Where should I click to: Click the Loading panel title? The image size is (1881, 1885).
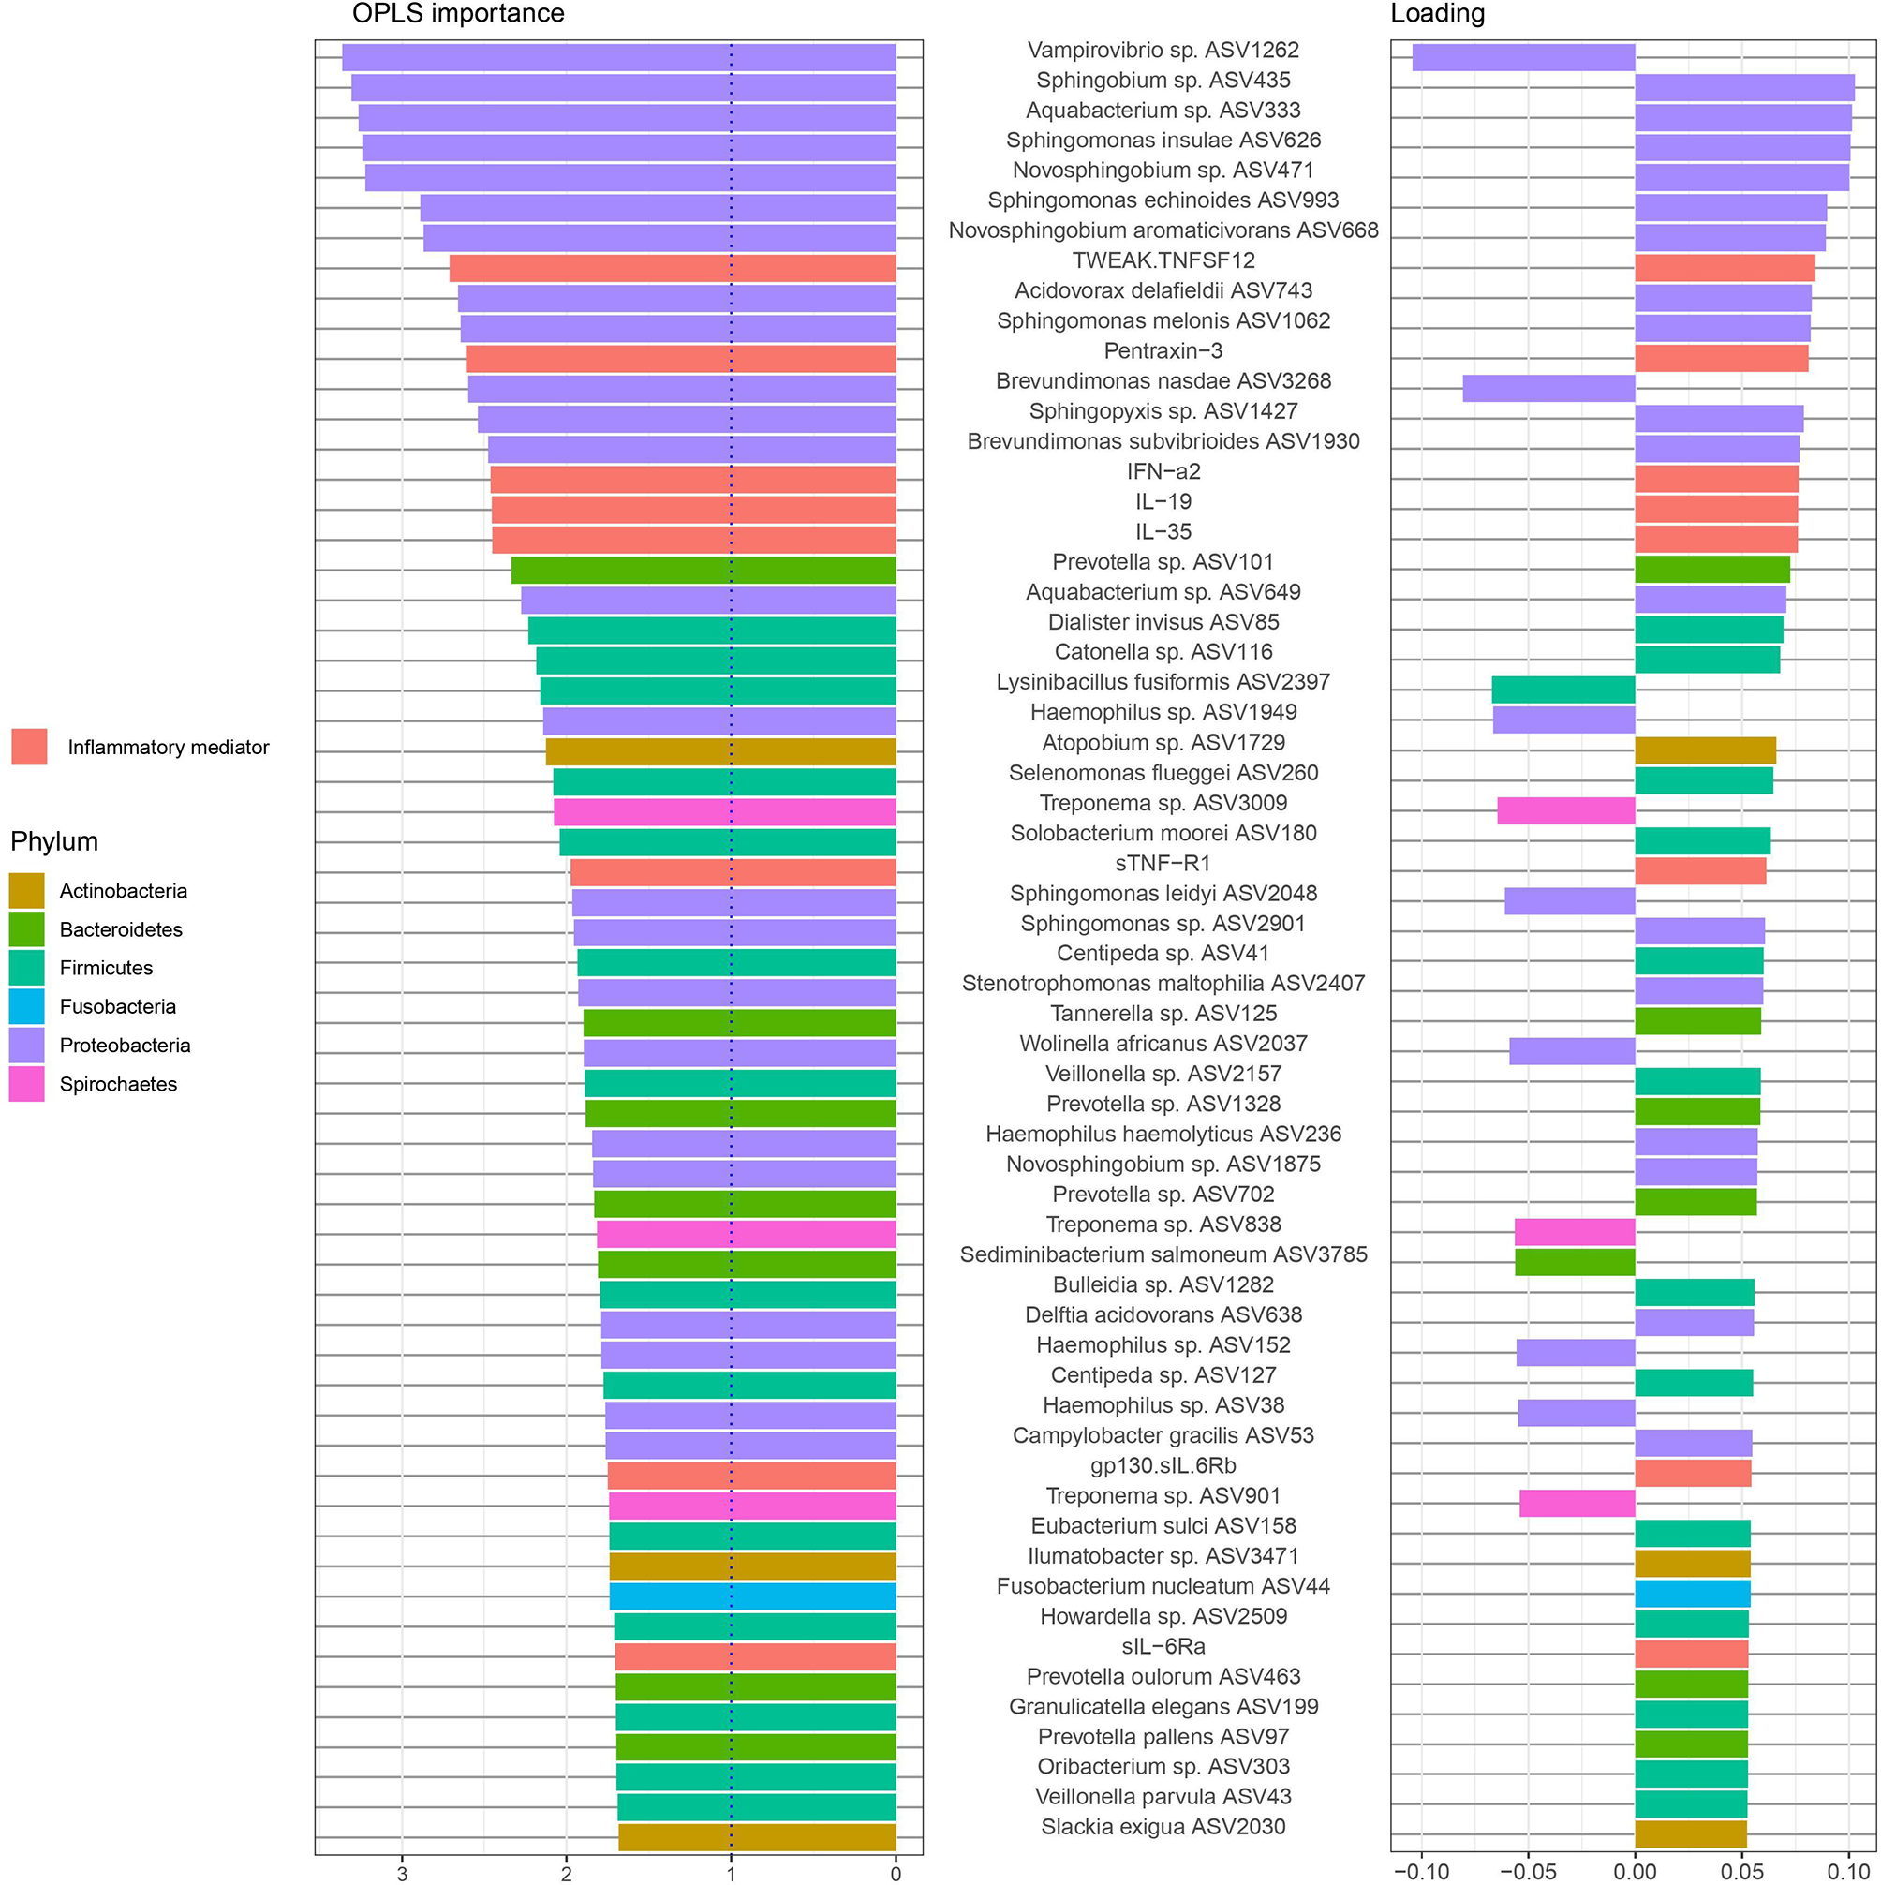tap(1437, 14)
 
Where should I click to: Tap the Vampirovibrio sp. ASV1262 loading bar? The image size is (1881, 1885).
tap(1523, 57)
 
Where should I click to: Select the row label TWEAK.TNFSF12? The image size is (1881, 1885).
tap(1163, 260)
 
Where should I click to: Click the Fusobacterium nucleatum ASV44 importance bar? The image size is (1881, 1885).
tap(752, 1596)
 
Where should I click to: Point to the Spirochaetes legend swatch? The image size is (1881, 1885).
tap(26, 1084)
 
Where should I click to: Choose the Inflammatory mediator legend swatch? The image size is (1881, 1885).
tap(29, 747)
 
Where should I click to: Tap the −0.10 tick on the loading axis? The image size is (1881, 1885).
tap(1420, 1872)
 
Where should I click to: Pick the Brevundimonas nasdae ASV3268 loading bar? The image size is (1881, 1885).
tap(1548, 388)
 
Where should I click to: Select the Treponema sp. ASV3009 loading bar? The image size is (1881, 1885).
tap(1566, 810)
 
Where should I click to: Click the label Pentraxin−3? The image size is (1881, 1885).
tap(1163, 351)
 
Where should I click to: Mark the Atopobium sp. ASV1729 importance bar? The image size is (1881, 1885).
tap(720, 751)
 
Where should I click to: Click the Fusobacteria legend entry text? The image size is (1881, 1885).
tap(117, 1007)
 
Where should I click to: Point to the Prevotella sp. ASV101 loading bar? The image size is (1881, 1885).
tap(1712, 569)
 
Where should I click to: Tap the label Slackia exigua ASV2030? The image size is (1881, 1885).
tap(1163, 1827)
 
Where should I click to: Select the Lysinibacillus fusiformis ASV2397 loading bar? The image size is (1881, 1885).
tap(1563, 690)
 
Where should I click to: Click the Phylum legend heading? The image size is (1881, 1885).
tap(53, 841)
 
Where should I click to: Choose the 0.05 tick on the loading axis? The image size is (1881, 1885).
tap(1741, 1872)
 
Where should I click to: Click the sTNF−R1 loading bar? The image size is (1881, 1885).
tap(1699, 871)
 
